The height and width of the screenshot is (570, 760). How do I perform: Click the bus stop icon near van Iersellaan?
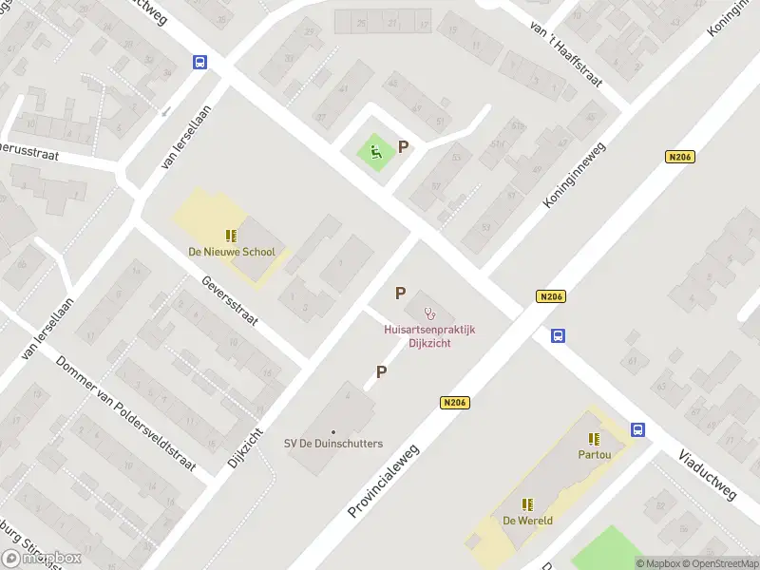click(200, 62)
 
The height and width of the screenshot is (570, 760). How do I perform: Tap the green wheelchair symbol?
click(376, 152)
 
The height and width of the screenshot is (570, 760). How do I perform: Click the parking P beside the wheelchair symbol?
click(404, 147)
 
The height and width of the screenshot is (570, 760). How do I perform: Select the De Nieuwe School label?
click(232, 252)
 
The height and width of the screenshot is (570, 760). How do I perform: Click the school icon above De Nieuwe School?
click(231, 235)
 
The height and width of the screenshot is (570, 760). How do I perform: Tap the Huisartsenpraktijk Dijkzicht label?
click(428, 336)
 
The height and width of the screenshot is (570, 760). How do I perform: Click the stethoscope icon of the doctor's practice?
click(429, 312)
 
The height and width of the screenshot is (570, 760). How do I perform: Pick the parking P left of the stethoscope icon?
click(401, 294)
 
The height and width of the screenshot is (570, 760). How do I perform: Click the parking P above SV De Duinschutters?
click(381, 372)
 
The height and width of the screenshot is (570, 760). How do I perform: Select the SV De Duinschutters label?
click(333, 443)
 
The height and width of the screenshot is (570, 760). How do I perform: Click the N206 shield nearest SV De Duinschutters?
click(456, 404)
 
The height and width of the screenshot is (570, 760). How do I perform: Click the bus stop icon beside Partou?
click(637, 429)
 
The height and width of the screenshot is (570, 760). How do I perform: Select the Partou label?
click(594, 454)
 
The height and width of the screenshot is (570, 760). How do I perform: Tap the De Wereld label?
click(527, 521)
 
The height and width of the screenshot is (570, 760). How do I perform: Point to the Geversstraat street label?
click(230, 301)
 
